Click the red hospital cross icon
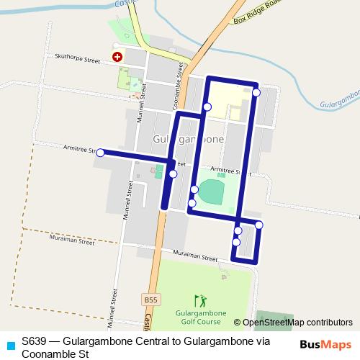[116, 55]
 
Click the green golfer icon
[200, 300]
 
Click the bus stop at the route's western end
[101, 153]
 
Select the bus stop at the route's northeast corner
[256, 92]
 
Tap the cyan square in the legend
[9, 346]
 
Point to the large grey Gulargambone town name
[189, 139]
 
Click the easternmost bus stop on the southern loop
[259, 225]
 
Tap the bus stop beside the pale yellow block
[207, 107]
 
